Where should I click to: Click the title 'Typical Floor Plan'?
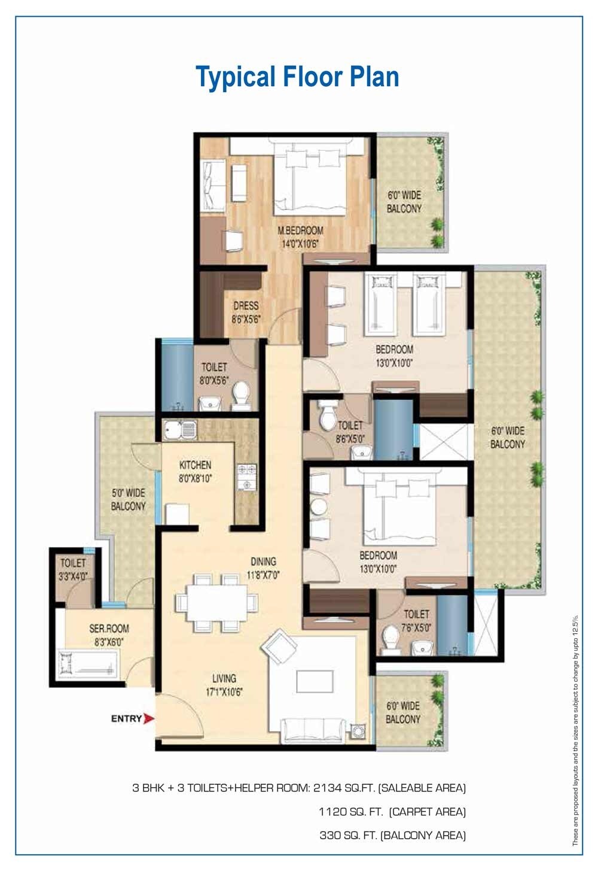point(297,77)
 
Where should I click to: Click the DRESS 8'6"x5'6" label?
point(246,312)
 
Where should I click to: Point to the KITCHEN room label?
point(195,471)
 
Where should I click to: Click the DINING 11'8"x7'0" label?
point(263,567)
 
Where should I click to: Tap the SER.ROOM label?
point(109,634)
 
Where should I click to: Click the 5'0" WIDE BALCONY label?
point(128,499)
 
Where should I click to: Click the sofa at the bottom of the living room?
point(313,729)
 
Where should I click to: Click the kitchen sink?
point(179,430)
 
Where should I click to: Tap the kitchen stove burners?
point(246,477)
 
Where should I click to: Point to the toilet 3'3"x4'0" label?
point(73,568)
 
